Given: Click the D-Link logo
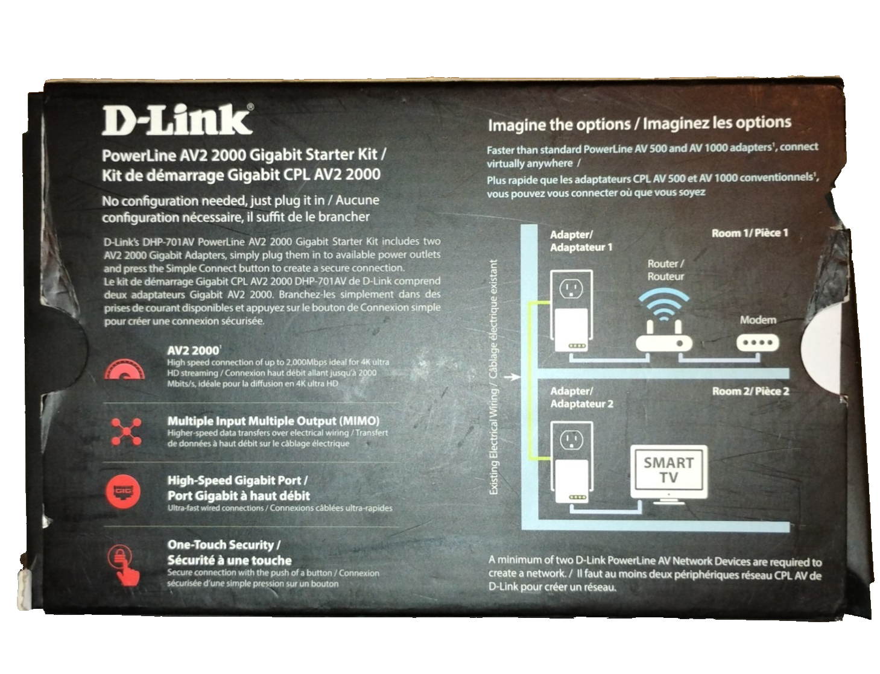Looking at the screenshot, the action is click(x=177, y=119).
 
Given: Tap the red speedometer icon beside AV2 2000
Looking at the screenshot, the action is click(x=124, y=369).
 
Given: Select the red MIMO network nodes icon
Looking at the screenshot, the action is click(x=126, y=432).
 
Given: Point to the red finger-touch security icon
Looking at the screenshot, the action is click(x=124, y=565).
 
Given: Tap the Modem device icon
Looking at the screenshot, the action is click(x=758, y=343).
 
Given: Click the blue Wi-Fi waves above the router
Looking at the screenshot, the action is click(x=663, y=304).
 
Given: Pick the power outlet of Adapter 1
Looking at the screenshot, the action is click(x=571, y=289).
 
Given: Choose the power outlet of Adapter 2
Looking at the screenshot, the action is click(x=571, y=440).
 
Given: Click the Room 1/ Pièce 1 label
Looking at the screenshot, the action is click(x=750, y=233).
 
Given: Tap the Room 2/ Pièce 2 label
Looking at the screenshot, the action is click(x=750, y=391).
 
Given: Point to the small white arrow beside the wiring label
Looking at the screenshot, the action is click(x=513, y=377).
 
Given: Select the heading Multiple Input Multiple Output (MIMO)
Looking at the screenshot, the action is click(x=273, y=421).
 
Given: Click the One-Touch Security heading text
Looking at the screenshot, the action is click(x=224, y=545).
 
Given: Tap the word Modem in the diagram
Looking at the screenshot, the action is click(x=758, y=320).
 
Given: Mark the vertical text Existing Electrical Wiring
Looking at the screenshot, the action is click(x=493, y=442).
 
